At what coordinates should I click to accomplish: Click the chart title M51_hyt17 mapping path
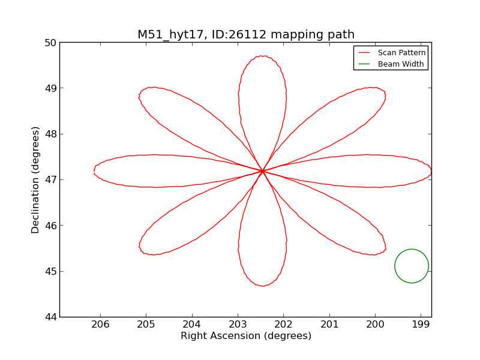pos(246,35)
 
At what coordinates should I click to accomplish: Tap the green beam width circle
pos(412,266)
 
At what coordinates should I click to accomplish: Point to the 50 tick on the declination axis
pos(50,43)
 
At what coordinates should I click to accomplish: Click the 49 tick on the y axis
pos(50,88)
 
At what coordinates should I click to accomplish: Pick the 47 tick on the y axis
pos(50,179)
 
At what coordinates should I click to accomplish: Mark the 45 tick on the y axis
pos(50,271)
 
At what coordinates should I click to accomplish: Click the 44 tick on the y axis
pos(50,317)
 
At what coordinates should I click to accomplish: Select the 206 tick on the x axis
pos(100,325)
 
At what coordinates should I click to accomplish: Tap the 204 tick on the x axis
pos(192,325)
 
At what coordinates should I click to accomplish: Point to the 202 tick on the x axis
pos(283,325)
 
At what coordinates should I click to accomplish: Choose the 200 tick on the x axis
pos(375,325)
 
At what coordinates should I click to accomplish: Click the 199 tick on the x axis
pos(421,325)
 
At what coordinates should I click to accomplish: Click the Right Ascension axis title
pos(246,336)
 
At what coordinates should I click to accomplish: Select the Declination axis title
pos(36,179)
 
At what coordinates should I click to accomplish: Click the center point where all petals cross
pos(262,171)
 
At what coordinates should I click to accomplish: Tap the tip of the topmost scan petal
pos(262,56)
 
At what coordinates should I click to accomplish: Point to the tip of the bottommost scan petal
pos(262,286)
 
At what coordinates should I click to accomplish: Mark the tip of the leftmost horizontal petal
pos(94,172)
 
